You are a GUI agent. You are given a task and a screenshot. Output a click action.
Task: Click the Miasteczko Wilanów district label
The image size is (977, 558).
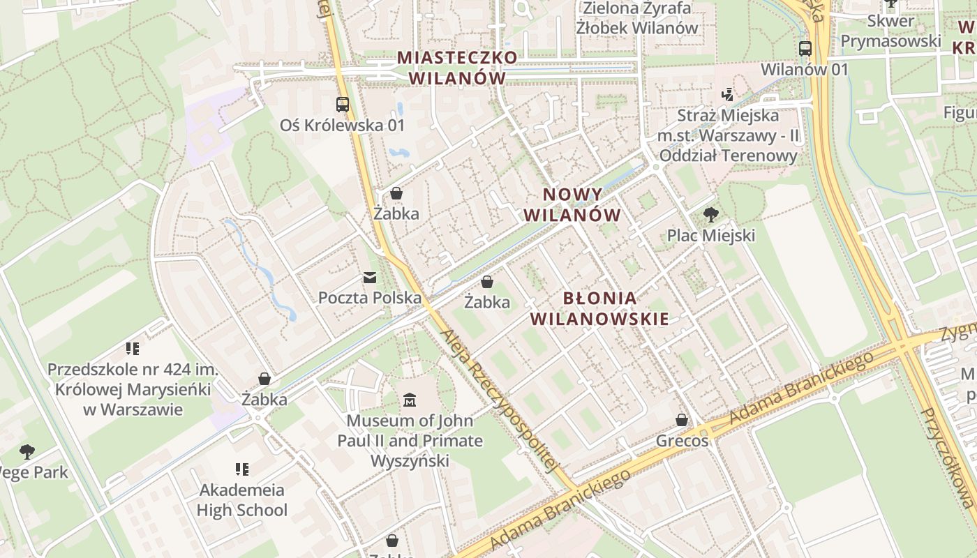point(457,68)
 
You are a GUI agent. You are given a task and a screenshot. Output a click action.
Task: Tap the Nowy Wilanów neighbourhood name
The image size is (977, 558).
point(572,204)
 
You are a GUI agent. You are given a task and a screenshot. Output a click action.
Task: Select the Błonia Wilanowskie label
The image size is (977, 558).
point(599,308)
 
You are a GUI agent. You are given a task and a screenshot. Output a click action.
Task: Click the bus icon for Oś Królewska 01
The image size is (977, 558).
point(342,105)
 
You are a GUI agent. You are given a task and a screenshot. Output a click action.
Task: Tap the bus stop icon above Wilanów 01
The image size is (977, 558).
point(805,49)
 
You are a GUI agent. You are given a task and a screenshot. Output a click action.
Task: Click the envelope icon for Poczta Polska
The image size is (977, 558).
point(370,278)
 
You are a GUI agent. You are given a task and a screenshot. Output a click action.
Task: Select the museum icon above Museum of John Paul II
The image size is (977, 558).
point(410,400)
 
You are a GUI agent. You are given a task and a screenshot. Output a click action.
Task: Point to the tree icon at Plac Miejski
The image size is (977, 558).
point(710,215)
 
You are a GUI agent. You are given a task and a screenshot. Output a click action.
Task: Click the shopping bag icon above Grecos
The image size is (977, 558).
point(682,420)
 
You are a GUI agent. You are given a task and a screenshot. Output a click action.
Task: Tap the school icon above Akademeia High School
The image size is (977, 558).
point(242,469)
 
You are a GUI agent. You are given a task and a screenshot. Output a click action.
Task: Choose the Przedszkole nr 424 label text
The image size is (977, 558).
point(133,389)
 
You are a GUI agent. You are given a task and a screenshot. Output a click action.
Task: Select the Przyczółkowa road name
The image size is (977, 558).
point(946,457)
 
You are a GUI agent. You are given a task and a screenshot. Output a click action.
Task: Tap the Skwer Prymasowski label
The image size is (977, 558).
point(890,31)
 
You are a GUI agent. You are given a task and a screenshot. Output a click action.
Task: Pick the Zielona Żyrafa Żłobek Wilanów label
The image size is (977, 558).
point(636,18)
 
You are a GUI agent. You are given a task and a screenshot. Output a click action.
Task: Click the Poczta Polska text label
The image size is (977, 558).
point(370,298)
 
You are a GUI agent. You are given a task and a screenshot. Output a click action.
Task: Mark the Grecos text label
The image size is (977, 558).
point(682,441)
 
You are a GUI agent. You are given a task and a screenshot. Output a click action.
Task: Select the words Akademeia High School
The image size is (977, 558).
point(242,499)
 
